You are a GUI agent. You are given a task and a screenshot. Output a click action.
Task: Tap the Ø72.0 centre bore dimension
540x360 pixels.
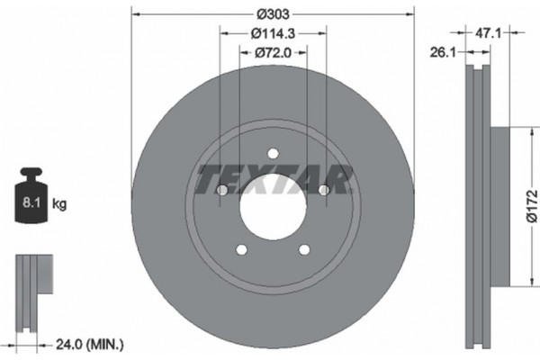(273, 53)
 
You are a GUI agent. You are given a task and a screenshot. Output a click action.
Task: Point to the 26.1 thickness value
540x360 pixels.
(440, 51)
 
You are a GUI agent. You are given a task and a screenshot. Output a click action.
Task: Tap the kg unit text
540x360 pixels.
(59, 204)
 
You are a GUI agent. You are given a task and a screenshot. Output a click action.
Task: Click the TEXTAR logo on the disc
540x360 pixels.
(273, 179)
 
